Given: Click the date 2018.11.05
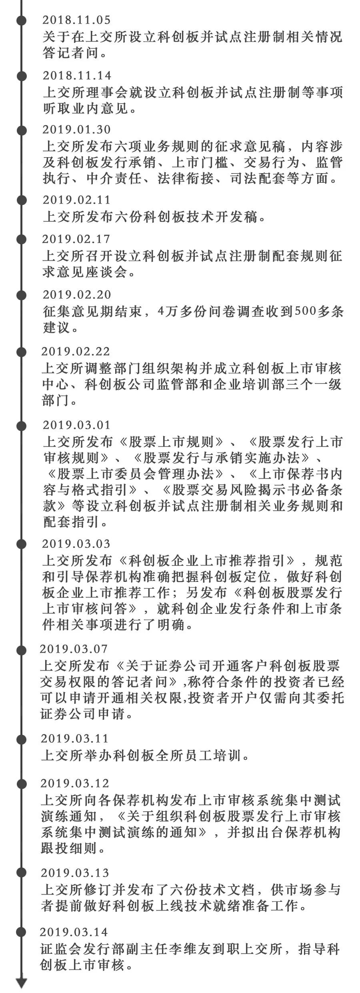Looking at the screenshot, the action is (76, 20).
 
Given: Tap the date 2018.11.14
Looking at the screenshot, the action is (77, 75).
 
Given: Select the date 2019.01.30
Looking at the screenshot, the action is (76, 130).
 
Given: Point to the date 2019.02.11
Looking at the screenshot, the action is (76, 200).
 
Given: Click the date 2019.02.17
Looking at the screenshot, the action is (76, 239).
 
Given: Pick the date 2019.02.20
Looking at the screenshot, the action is (77, 294).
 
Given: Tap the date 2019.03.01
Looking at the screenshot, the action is (76, 425).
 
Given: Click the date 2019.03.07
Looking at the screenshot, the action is (74, 649).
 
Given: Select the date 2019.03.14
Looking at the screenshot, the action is (74, 932).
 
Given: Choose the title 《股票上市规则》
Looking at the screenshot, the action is (173, 442).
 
